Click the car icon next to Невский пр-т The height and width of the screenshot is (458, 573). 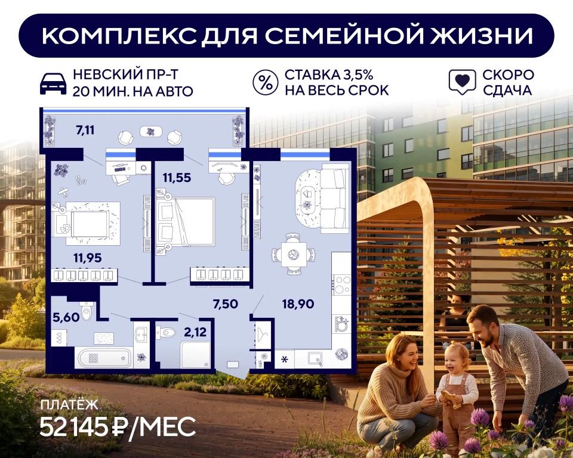click(53, 83)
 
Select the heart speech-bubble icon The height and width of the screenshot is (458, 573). click(462, 82)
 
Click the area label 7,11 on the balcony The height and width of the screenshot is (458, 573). click(85, 130)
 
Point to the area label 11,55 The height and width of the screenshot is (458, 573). click(177, 178)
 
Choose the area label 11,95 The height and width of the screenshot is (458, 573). click(88, 258)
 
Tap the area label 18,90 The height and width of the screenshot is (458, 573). click(298, 304)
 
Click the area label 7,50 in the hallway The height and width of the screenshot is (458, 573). click(226, 304)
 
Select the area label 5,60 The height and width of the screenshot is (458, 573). click(66, 317)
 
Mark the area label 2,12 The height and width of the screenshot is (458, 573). click(196, 332)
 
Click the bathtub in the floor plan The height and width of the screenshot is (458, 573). click(103, 358)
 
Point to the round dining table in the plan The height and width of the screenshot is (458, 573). click(293, 254)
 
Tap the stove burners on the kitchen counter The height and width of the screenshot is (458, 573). click(342, 284)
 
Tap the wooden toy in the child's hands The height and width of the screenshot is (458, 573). click(450, 399)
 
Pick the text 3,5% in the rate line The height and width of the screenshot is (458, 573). click(358, 75)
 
